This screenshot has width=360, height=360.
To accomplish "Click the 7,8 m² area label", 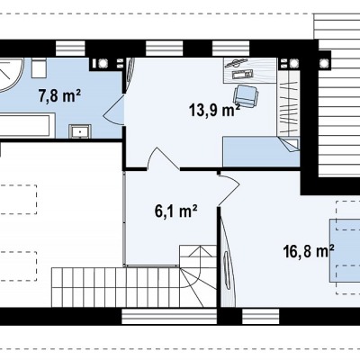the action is (59, 95).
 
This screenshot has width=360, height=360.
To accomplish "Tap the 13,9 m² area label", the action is (214, 110).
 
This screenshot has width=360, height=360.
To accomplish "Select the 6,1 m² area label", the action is (175, 211).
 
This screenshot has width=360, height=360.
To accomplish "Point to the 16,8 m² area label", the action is (309, 251).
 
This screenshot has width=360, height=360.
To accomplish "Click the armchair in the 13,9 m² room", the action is (246, 96).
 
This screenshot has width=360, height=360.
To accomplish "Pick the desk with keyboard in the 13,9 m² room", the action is (249, 70).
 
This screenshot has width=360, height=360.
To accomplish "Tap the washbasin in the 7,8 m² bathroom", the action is (80, 131).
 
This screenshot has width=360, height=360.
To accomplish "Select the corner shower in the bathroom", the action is (12, 75).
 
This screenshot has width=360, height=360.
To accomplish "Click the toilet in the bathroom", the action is (39, 68).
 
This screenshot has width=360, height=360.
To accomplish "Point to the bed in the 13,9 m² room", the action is (261, 151).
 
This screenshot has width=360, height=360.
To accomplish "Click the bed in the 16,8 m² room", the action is (345, 250).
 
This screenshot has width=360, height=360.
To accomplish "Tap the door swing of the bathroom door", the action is (114, 110).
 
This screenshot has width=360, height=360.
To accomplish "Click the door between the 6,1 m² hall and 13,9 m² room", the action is (164, 158).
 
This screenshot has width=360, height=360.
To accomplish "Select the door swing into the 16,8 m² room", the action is (229, 188).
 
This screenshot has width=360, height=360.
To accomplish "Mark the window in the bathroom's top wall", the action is (70, 49).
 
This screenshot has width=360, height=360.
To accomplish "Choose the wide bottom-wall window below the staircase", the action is (169, 316).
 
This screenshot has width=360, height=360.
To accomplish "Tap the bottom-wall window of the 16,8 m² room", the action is (260, 316).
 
